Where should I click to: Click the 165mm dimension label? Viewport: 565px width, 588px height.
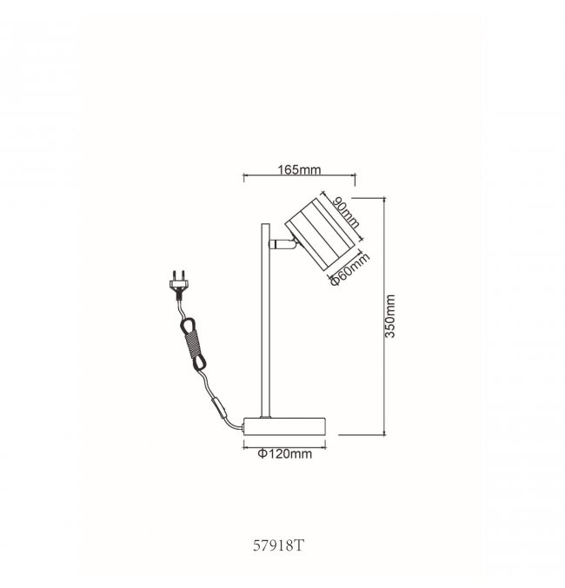point(299,170)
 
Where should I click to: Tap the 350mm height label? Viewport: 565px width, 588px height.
point(390,316)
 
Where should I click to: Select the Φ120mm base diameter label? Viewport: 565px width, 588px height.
point(285,454)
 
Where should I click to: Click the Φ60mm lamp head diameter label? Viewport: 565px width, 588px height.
point(349,269)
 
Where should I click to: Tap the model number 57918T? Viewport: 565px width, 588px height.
point(278,545)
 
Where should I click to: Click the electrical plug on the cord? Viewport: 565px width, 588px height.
point(178,284)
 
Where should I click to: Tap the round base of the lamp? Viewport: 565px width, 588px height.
point(284,426)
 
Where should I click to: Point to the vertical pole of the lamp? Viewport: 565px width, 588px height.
point(265,320)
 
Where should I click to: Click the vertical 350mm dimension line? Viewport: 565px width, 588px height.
point(384,316)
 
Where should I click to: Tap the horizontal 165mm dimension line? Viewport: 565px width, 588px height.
point(299,175)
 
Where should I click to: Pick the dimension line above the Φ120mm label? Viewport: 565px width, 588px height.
point(284,446)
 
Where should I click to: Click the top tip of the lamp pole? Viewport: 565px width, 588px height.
point(265,224)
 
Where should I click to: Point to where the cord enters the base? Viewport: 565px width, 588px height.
point(243,427)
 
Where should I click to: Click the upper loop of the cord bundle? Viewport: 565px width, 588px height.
point(188,325)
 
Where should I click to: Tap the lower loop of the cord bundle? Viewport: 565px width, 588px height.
point(199,362)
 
